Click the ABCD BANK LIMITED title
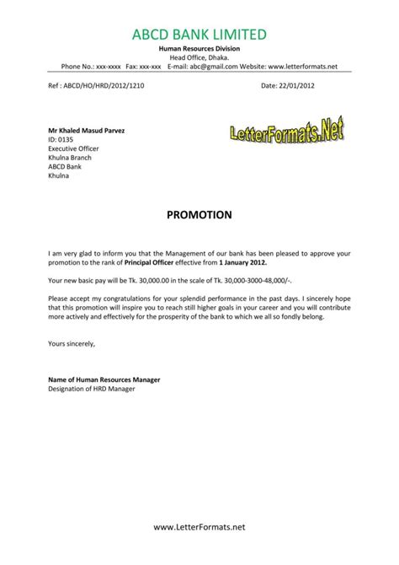[199, 34]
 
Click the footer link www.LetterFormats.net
[199, 550]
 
